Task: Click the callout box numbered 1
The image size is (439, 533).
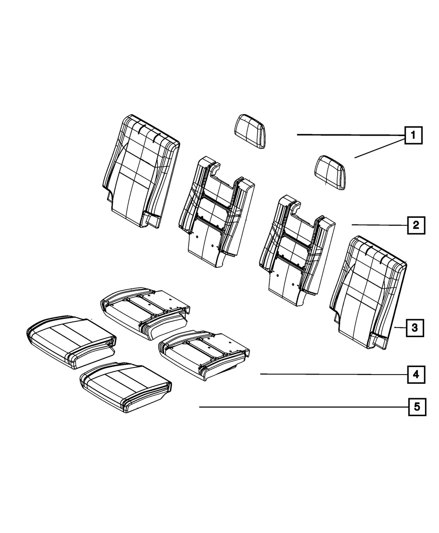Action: [x=413, y=136]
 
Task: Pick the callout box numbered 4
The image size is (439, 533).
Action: [x=415, y=374]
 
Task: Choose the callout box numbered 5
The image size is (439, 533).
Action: [x=416, y=407]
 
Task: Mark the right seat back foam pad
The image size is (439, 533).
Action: [x=297, y=250]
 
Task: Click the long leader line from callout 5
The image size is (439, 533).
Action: [x=303, y=407]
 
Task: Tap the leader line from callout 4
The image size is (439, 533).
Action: [x=334, y=374]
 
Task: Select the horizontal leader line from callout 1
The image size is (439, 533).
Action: [x=351, y=134]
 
